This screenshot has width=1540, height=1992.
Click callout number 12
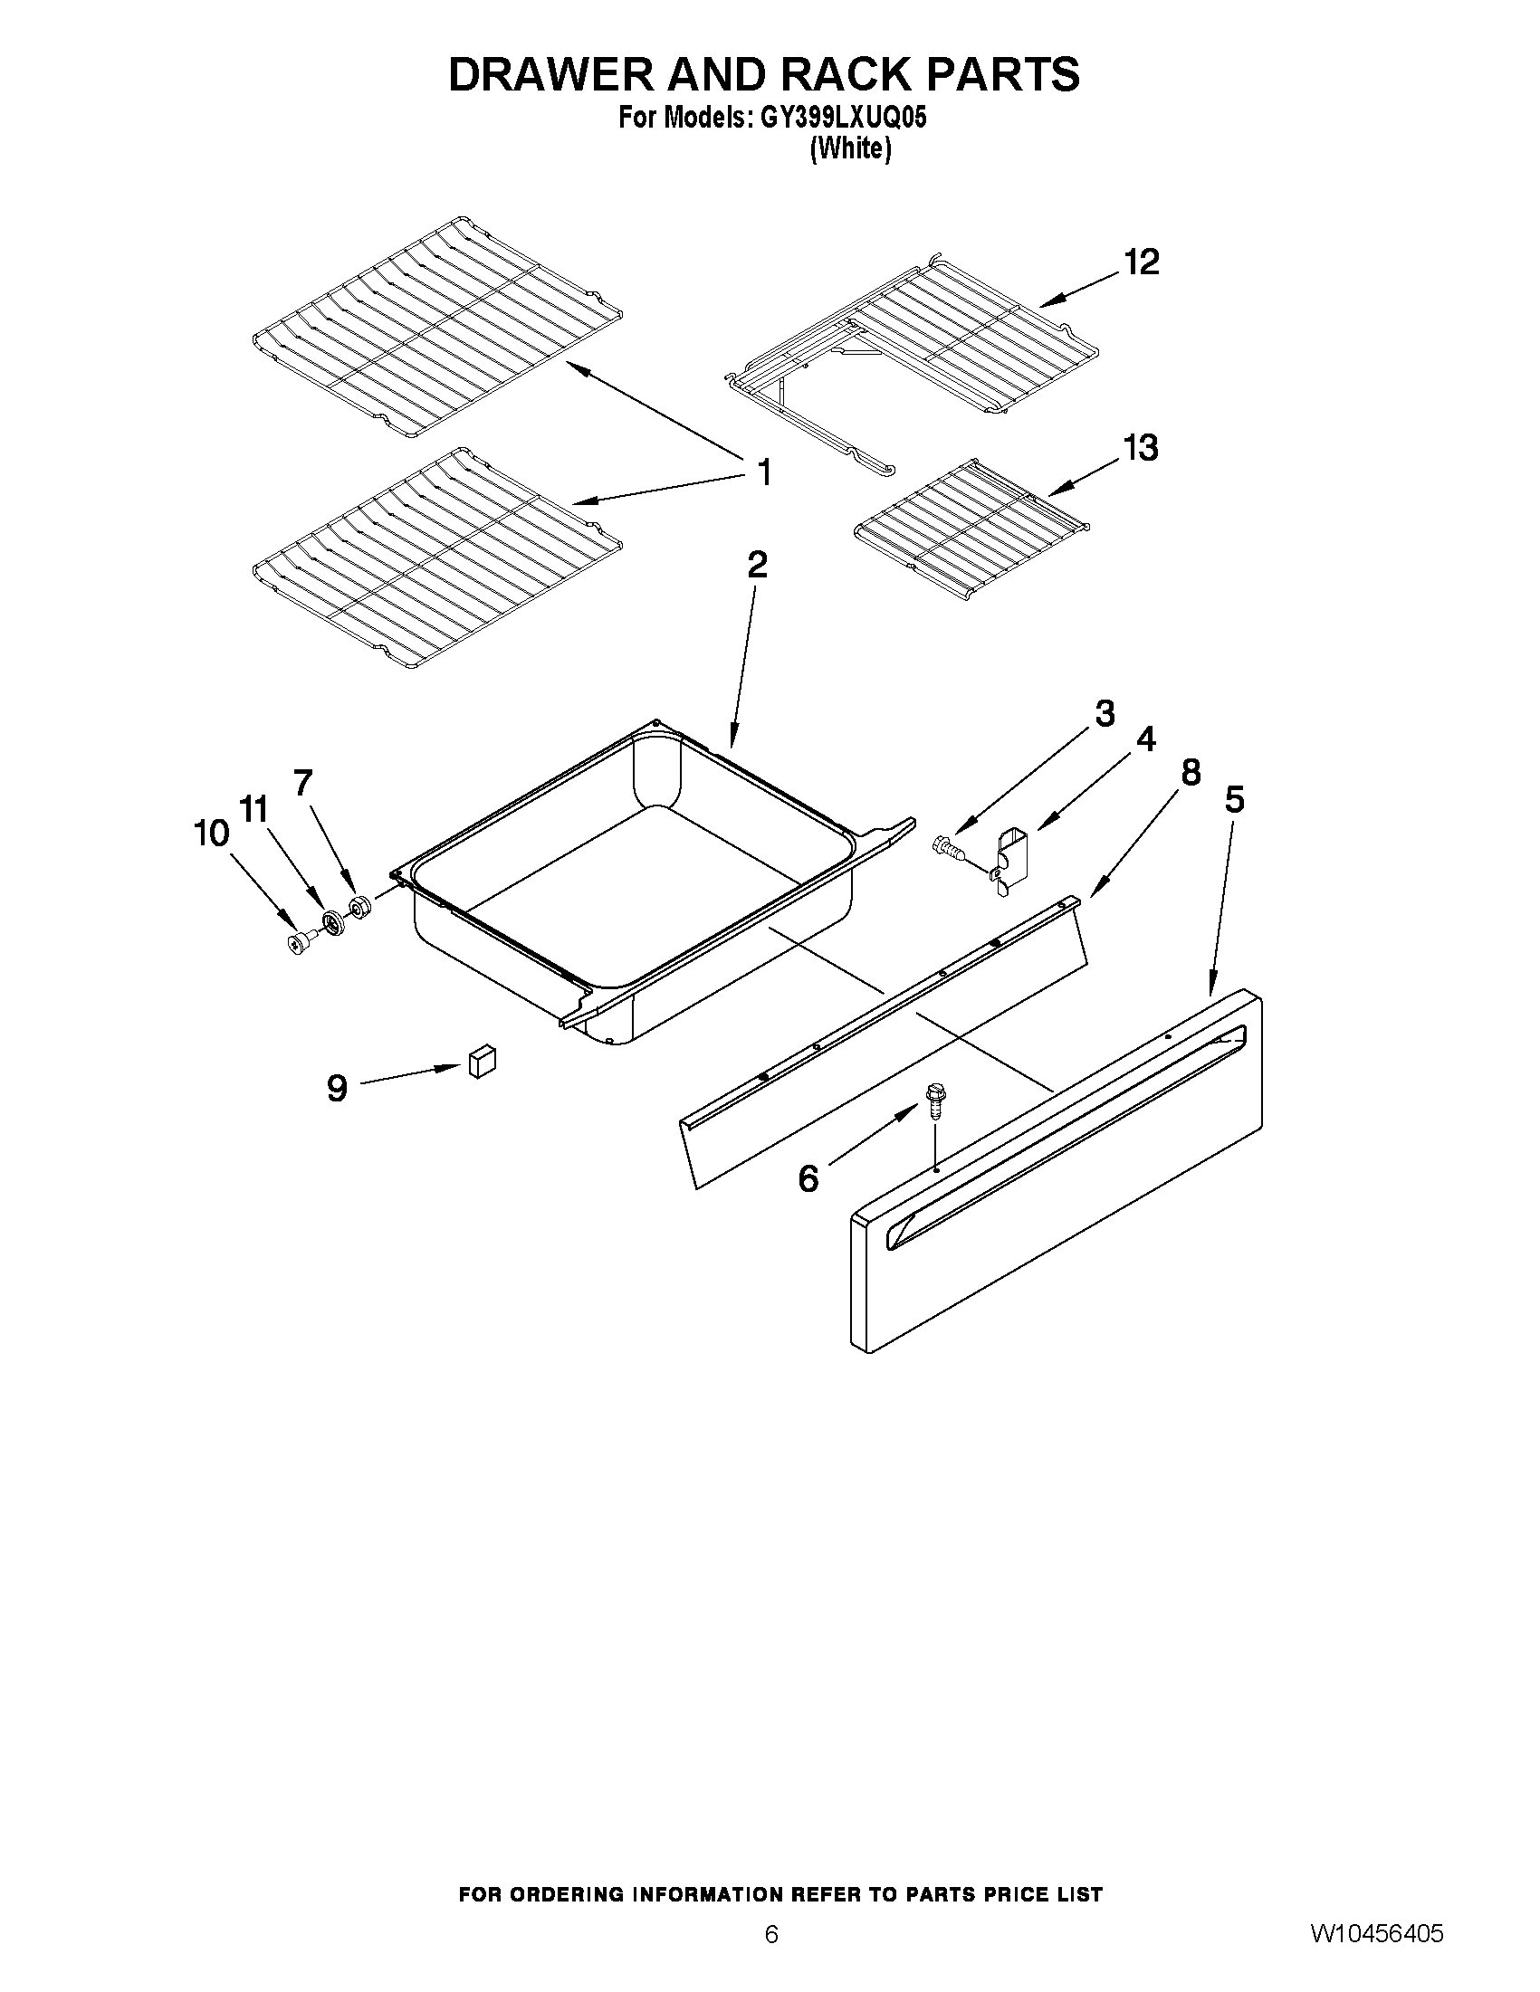pyautogui.click(x=1141, y=262)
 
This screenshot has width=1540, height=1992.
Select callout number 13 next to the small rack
pyautogui.click(x=1141, y=448)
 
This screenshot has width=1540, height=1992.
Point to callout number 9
pyautogui.click(x=337, y=1087)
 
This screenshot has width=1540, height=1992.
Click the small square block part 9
pyautogui.click(x=482, y=1062)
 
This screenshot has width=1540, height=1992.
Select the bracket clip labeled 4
pyautogui.click(x=1009, y=860)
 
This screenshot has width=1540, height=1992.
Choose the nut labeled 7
pyautogui.click(x=359, y=908)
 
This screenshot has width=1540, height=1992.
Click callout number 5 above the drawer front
pyautogui.click(x=1233, y=800)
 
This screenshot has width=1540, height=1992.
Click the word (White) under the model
pyautogui.click(x=849, y=148)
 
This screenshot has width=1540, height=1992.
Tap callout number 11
pyautogui.click(x=253, y=808)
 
